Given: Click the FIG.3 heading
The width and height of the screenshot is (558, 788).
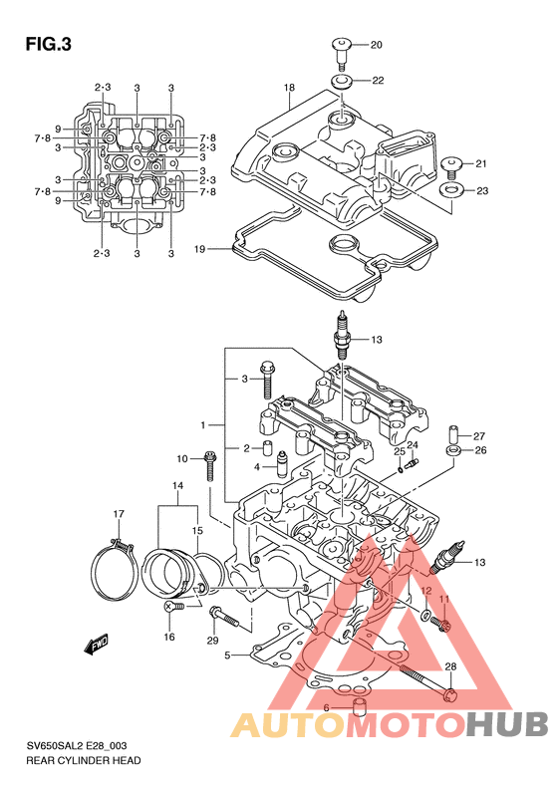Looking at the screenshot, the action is coord(49,45).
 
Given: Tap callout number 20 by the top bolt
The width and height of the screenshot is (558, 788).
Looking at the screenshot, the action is coord(376,45).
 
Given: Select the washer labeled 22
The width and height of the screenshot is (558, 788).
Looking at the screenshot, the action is coord(342,81).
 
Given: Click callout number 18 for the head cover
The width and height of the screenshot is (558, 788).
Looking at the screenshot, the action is coord(289,88).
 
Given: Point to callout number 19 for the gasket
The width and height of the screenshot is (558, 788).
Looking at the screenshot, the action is coord(200,249).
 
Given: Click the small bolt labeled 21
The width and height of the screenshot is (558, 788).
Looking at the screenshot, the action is coord(451,166).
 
